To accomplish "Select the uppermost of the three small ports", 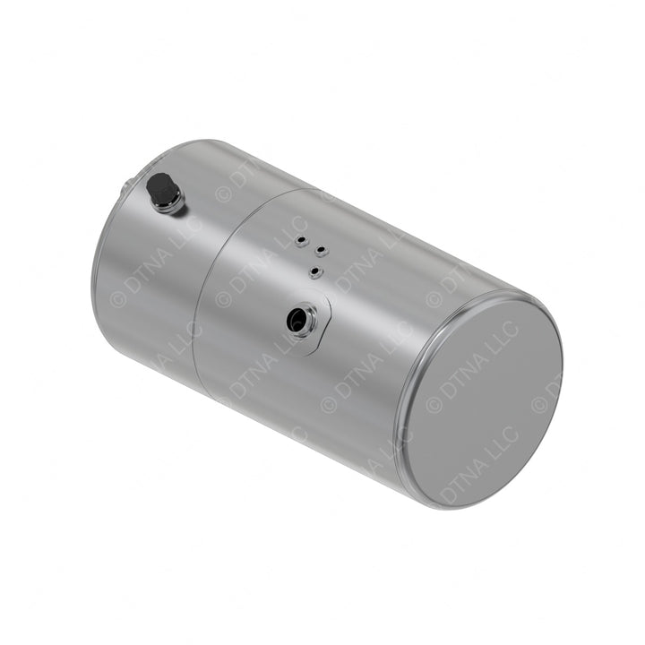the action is click(x=301, y=240).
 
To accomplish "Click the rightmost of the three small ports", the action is click(x=321, y=250).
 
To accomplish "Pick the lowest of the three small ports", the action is click(x=314, y=271).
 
